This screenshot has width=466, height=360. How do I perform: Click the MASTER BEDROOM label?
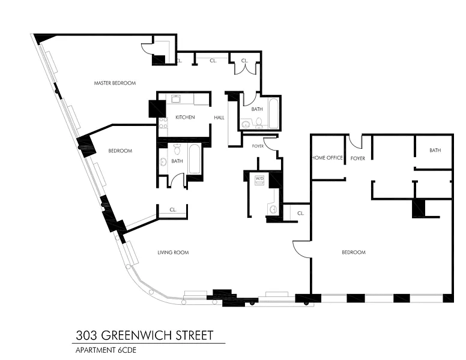click(115, 83)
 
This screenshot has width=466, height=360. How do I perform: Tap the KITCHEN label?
click(185, 118)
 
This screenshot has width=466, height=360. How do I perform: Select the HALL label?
click(219, 118)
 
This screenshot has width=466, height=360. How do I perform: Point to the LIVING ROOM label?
click(173, 253)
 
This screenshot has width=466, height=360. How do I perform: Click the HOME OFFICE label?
click(327, 158)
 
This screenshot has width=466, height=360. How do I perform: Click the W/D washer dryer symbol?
click(259, 180)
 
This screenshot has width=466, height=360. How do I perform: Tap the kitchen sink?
click(175, 98)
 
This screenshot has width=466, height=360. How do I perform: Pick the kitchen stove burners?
click(163, 123)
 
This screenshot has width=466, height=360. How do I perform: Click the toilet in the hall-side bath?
click(259, 122)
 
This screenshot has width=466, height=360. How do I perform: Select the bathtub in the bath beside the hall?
click(274, 113)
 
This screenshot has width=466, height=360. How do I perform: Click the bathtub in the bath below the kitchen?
click(194, 158)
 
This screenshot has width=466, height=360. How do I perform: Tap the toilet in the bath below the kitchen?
click(177, 149)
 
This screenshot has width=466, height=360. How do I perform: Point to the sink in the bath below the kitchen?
click(163, 162)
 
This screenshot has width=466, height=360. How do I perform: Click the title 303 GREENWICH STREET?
click(145, 335)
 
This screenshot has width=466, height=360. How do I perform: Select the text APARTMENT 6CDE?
click(106, 350)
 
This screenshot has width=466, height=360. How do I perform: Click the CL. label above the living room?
click(173, 210)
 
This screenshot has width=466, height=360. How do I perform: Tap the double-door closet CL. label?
click(244, 61)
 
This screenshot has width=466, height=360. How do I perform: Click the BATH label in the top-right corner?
click(435, 151)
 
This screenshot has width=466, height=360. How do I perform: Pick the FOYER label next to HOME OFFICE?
click(357, 158)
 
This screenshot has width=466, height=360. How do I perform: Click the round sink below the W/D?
click(273, 209)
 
